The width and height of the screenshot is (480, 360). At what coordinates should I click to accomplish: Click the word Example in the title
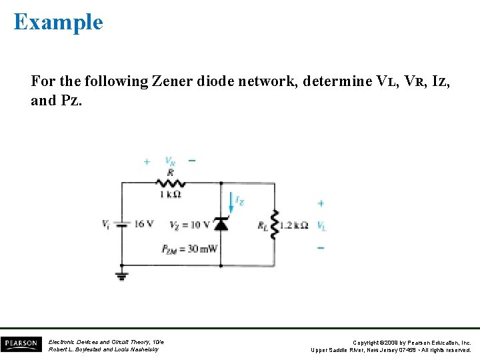tap(59, 22)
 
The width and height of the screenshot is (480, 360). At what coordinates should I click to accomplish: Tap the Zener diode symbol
tap(221, 223)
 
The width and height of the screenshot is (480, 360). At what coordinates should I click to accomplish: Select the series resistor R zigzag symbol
tap(171, 182)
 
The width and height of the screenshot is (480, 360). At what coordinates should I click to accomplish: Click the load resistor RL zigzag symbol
tap(274, 225)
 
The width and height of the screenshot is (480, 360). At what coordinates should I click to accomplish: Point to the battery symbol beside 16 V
tap(121, 225)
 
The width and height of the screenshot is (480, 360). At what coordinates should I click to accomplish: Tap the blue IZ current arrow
tap(231, 202)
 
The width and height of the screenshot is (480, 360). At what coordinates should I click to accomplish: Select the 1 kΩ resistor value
tap(170, 194)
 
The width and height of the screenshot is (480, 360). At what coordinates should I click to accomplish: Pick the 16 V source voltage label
tap(143, 224)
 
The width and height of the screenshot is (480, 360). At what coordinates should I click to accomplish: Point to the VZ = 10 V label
tap(190, 225)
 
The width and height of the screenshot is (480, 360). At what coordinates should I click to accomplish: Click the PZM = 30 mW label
tap(189, 249)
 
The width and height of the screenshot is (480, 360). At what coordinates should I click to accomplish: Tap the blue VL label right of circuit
tap(321, 226)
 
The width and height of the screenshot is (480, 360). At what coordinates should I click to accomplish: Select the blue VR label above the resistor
tap(171, 161)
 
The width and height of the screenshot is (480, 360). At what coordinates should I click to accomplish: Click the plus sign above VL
tap(321, 203)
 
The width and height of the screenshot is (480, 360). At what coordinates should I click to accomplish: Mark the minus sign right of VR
tap(192, 161)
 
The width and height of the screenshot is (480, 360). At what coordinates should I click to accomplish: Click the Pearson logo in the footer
tap(21, 345)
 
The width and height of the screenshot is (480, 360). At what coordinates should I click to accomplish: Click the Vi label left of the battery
tap(106, 225)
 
